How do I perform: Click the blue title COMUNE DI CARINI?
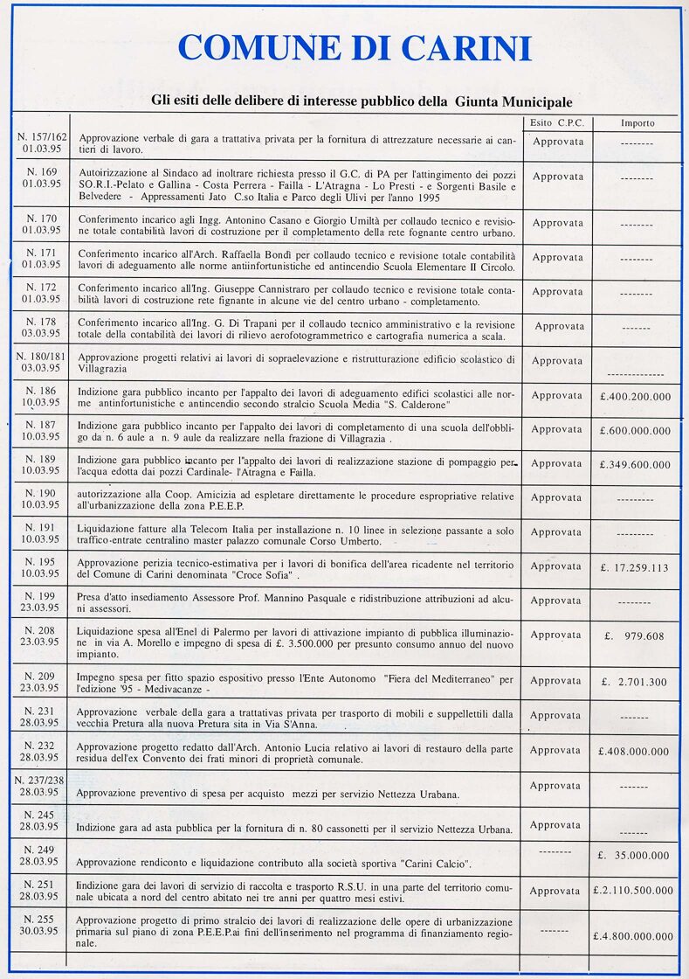pyautogui.click(x=355, y=47)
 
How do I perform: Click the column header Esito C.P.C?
pyautogui.click(x=557, y=123)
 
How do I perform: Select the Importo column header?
pyautogui.click(x=637, y=123)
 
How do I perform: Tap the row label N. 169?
pyautogui.click(x=42, y=172)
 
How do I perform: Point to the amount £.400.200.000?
pyautogui.click(x=635, y=397)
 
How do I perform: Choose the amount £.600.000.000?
pyautogui.click(x=635, y=431)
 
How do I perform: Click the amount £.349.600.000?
pyautogui.click(x=635, y=465)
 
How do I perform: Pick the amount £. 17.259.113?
pyautogui.click(x=635, y=568)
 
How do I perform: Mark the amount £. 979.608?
pyautogui.click(x=635, y=636)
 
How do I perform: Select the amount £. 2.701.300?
pyautogui.click(x=635, y=682)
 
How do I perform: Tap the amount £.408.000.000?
pyautogui.click(x=635, y=751)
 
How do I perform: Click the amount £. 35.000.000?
pyautogui.click(x=635, y=856)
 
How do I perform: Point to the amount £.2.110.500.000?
pyautogui.click(x=635, y=891)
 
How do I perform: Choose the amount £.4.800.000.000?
pyautogui.click(x=635, y=936)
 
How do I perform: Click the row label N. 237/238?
pyautogui.click(x=40, y=781)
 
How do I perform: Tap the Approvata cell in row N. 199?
pyautogui.click(x=556, y=601)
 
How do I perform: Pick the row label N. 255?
pyautogui.click(x=41, y=920)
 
